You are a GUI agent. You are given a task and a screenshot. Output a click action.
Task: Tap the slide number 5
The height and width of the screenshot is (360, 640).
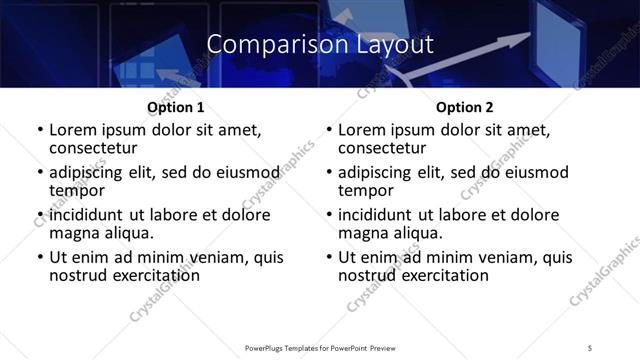[590, 348]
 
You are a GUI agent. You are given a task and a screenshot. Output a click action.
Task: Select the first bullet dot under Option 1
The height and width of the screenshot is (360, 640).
[41, 130]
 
